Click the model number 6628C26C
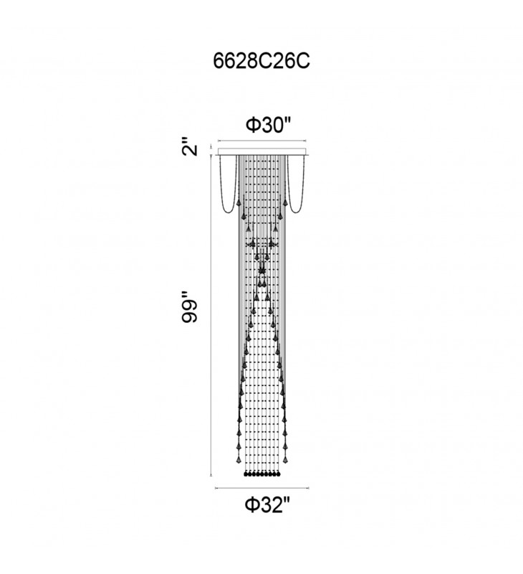coord(261,61)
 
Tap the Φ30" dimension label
coord(268,125)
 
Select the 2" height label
coord(190,147)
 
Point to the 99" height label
coord(190,307)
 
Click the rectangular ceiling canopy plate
coord(262,151)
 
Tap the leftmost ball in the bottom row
coord(246,474)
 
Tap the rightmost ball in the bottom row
coord(278,474)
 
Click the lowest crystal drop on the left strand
coord(239,458)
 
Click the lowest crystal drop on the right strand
coord(285,458)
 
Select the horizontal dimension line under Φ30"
coord(261,141)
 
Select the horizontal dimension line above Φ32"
coord(261,488)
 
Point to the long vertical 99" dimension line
coord(211,316)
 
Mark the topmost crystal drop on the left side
coord(239,202)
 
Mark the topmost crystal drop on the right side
coord(285,202)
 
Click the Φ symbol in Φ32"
coord(251,505)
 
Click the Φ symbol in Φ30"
coord(251,126)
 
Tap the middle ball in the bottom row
coord(262,474)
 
